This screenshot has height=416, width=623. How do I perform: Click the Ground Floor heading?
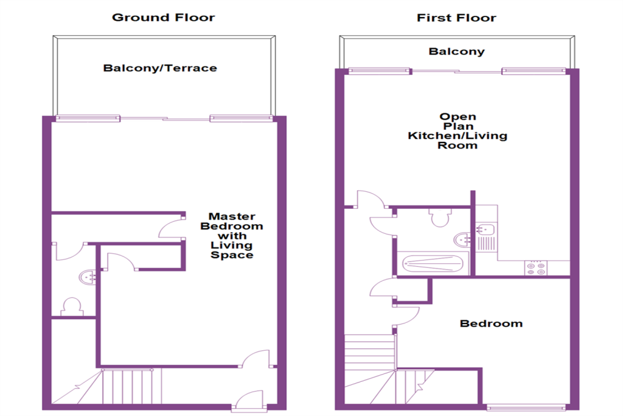pos(163,18)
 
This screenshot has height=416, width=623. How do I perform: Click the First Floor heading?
pos(456,18)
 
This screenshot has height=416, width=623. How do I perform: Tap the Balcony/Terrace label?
pos(160,68)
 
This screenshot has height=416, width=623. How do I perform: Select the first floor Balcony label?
pos(456,51)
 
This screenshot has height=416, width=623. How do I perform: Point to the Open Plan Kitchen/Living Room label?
pos(458,131)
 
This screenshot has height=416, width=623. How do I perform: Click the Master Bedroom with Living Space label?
pos(232,236)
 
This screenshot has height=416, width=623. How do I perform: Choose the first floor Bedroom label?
pos(491,323)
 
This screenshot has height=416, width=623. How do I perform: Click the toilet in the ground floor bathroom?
pos(72,306)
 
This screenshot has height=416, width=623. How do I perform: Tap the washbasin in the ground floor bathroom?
pos(87,277)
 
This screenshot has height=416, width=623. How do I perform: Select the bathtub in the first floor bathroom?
pos(433,263)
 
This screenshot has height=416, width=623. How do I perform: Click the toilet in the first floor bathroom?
pos(440,217)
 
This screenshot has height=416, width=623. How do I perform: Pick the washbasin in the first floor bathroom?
pos(462,239)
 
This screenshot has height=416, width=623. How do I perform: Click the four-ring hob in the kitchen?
pos(535,268)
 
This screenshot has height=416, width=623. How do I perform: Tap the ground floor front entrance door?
pos(248,400)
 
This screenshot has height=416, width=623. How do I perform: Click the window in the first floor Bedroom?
pos(526,407)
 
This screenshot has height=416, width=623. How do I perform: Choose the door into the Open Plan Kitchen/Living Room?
pos(371,199)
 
